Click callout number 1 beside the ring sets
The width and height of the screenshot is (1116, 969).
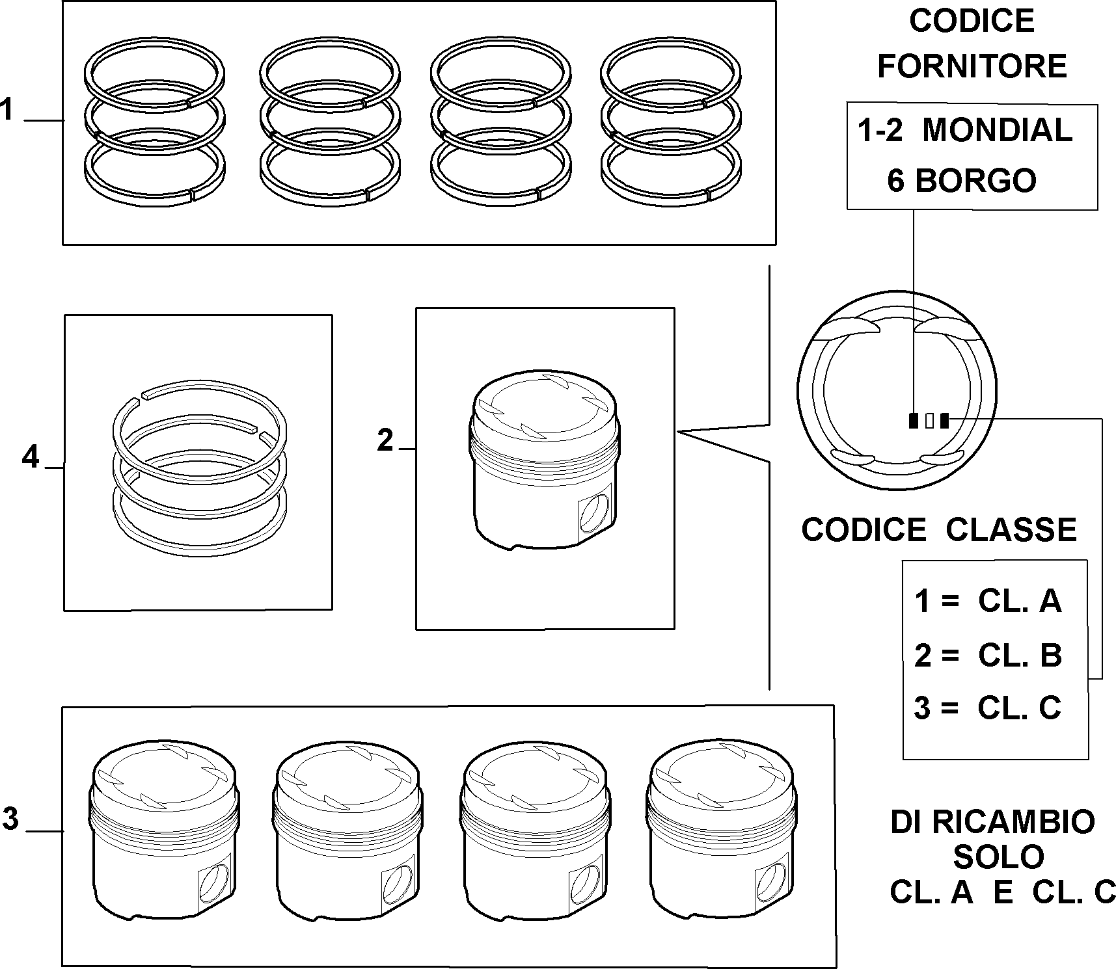7,109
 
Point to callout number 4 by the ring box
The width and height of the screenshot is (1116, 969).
31,457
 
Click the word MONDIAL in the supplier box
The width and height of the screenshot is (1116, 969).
998,130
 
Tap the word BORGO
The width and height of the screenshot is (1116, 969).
975,180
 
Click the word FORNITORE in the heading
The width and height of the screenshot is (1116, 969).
972,66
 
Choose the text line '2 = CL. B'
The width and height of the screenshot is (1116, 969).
988,655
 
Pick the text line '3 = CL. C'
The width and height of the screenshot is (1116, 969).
988,708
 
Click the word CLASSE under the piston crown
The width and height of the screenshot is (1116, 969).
1011,529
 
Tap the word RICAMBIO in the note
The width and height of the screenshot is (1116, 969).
1014,822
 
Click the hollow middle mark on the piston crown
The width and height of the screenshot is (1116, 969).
929,421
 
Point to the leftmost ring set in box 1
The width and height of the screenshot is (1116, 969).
155,122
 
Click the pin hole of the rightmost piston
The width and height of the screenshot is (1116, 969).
771,883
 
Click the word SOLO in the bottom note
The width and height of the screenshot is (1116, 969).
998,857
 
